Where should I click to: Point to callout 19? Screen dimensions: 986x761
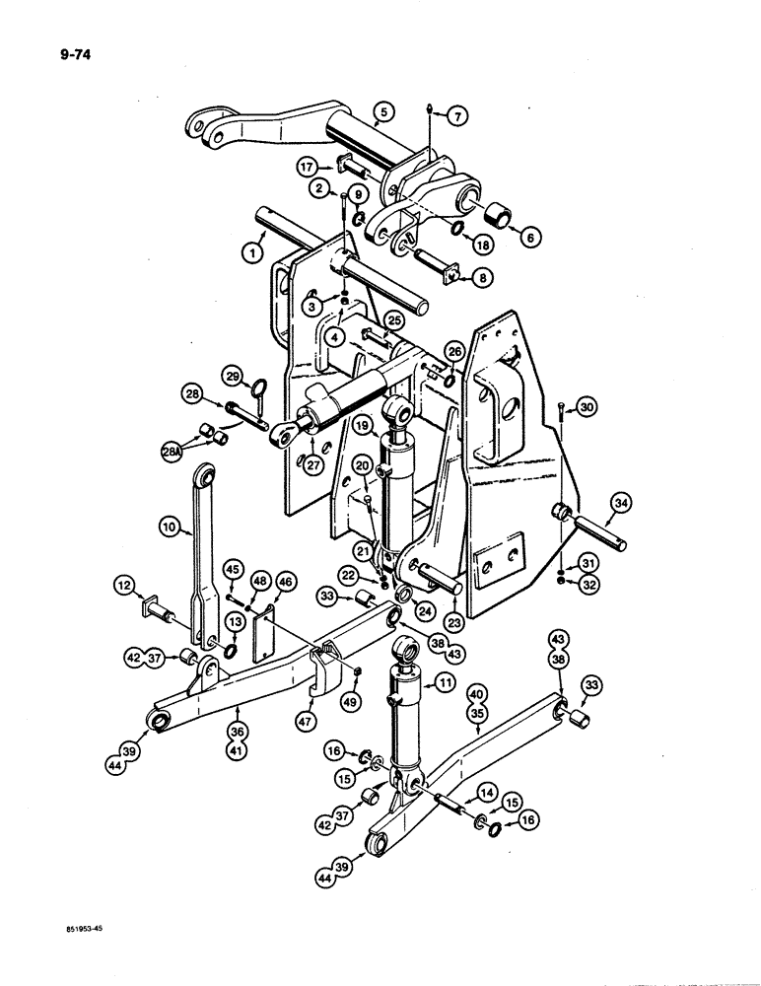[x=363, y=427]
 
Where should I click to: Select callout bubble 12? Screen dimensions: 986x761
[x=127, y=589]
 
